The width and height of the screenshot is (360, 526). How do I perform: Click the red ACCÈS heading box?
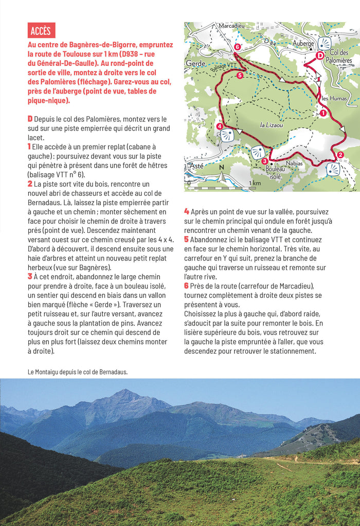point(41,30)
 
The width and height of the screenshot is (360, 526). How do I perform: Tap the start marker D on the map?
point(319,56)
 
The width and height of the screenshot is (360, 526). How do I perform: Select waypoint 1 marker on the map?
point(323,113)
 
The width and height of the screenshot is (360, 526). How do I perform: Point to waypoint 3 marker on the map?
point(264,161)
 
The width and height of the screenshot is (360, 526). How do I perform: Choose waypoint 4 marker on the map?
point(220,126)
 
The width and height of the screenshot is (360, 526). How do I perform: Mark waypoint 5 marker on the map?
point(241,76)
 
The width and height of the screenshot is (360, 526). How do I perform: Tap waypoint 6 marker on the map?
point(237,47)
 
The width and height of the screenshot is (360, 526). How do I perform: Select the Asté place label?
point(196,166)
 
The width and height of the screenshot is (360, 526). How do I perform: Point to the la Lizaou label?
point(271,124)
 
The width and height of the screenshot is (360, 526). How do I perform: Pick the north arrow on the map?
point(222,175)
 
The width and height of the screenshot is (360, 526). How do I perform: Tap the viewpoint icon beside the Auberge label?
point(325,43)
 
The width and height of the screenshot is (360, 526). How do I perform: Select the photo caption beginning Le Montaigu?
point(78,372)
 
